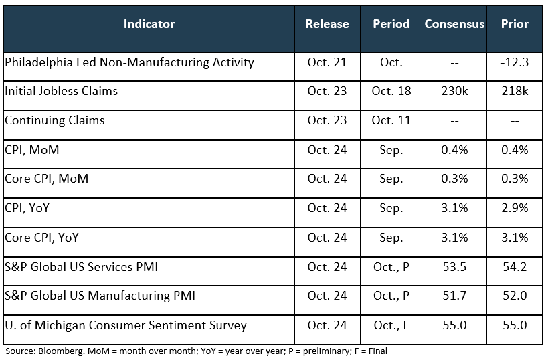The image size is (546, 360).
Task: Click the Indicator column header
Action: click(x=149, y=24)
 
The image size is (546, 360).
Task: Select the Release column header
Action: click(x=327, y=24)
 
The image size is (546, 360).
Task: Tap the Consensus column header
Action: click(x=454, y=24)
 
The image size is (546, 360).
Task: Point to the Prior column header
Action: click(x=515, y=24)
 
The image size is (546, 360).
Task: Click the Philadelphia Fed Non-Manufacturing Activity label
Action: click(x=129, y=62)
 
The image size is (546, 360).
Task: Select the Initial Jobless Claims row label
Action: click(x=61, y=91)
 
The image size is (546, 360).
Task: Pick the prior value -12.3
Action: click(x=515, y=62)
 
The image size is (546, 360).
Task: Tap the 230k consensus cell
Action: click(x=454, y=91)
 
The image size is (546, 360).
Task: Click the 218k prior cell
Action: click(x=515, y=91)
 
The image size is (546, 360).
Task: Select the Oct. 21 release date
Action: click(x=327, y=62)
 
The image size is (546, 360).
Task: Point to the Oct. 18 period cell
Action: click(x=391, y=91)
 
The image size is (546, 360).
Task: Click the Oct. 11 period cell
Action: click(x=391, y=120)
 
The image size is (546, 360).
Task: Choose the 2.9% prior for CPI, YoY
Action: click(x=515, y=208)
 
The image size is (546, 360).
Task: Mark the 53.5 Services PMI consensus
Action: click(x=454, y=267)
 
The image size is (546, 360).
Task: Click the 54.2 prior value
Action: click(x=515, y=267)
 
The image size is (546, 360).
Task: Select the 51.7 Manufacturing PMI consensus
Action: click(x=454, y=296)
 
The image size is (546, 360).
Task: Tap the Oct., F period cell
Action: click(x=391, y=326)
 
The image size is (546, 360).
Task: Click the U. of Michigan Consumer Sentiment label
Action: click(x=126, y=326)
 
